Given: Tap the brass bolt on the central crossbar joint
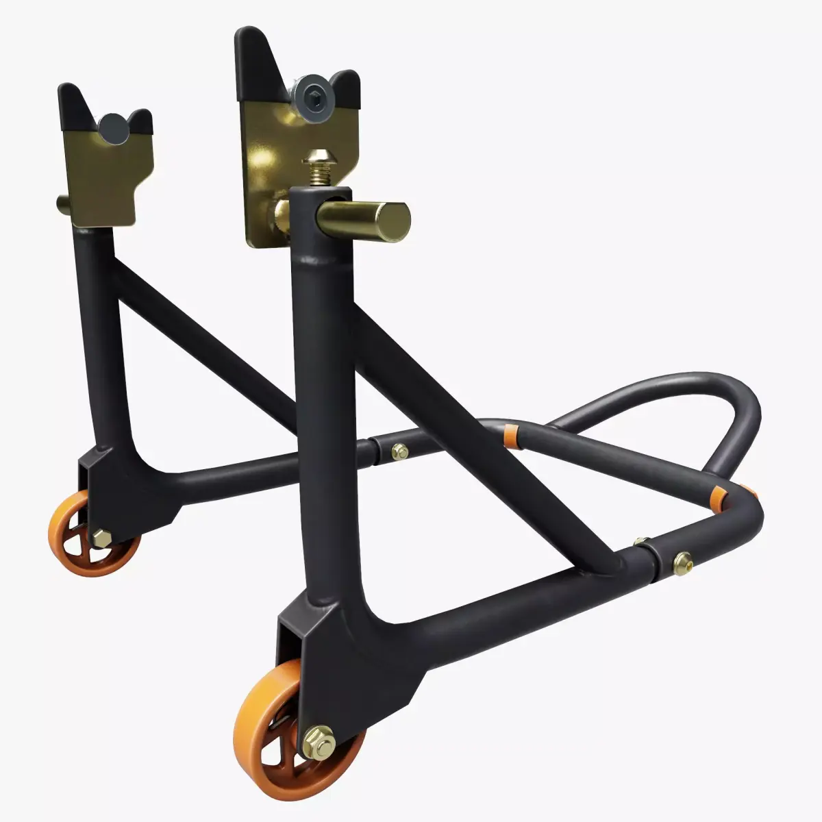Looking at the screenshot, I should tap(399, 451).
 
